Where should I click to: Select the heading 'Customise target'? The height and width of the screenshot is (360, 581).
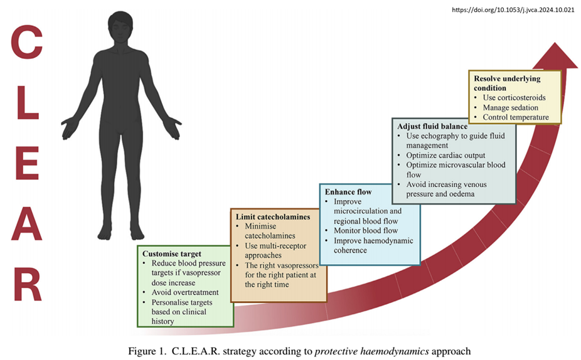(171, 253)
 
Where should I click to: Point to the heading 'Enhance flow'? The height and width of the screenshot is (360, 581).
(348, 191)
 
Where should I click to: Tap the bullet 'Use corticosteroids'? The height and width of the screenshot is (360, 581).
(514, 98)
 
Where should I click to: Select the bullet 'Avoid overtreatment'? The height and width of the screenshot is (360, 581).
(184, 292)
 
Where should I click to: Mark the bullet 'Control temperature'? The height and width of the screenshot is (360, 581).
(516, 117)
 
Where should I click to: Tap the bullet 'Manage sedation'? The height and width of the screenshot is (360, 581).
(510, 107)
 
